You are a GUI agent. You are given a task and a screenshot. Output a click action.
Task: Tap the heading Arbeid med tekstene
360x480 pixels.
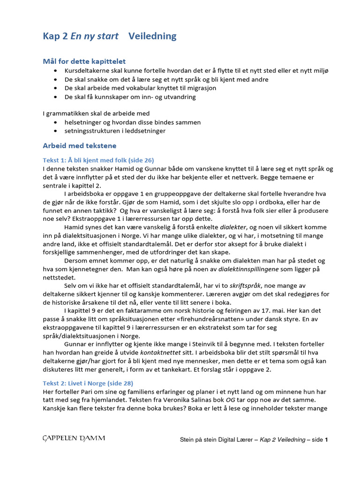(x=79, y=145)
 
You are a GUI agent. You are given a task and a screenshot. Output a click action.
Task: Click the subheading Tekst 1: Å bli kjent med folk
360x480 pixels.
(x=98, y=160)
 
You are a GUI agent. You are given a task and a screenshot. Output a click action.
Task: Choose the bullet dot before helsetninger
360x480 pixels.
(x=56, y=122)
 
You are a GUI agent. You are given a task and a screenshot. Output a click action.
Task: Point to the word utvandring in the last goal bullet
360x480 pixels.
(x=180, y=97)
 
